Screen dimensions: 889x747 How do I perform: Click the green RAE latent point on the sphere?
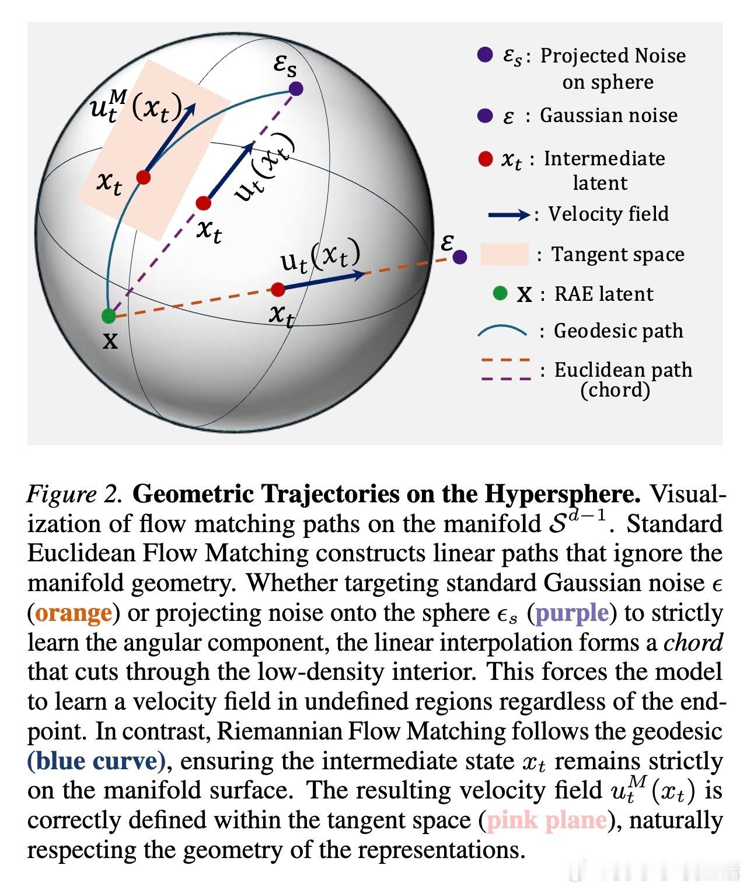(x=109, y=316)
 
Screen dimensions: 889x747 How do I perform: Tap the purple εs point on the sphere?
(x=296, y=89)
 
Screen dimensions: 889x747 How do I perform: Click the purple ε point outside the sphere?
(x=460, y=256)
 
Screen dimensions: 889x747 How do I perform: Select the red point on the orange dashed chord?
(x=278, y=289)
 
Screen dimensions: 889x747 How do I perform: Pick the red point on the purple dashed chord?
(x=203, y=203)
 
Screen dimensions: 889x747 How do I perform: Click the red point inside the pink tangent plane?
(x=144, y=177)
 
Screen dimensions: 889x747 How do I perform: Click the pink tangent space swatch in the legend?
(x=504, y=255)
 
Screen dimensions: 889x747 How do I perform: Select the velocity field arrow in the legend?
(x=508, y=215)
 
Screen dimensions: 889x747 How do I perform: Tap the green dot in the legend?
(x=500, y=293)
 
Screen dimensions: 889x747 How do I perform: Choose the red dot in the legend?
(x=486, y=159)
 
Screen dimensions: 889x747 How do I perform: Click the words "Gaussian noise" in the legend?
(x=609, y=115)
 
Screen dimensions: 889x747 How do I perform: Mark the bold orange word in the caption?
(x=73, y=613)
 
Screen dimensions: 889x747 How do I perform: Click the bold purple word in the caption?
(x=572, y=613)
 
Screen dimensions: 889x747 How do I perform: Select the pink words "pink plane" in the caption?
(x=546, y=821)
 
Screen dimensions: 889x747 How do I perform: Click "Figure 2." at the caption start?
(x=75, y=494)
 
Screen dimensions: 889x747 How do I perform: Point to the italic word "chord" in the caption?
(x=693, y=643)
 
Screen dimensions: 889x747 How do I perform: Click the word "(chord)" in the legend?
(x=615, y=390)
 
